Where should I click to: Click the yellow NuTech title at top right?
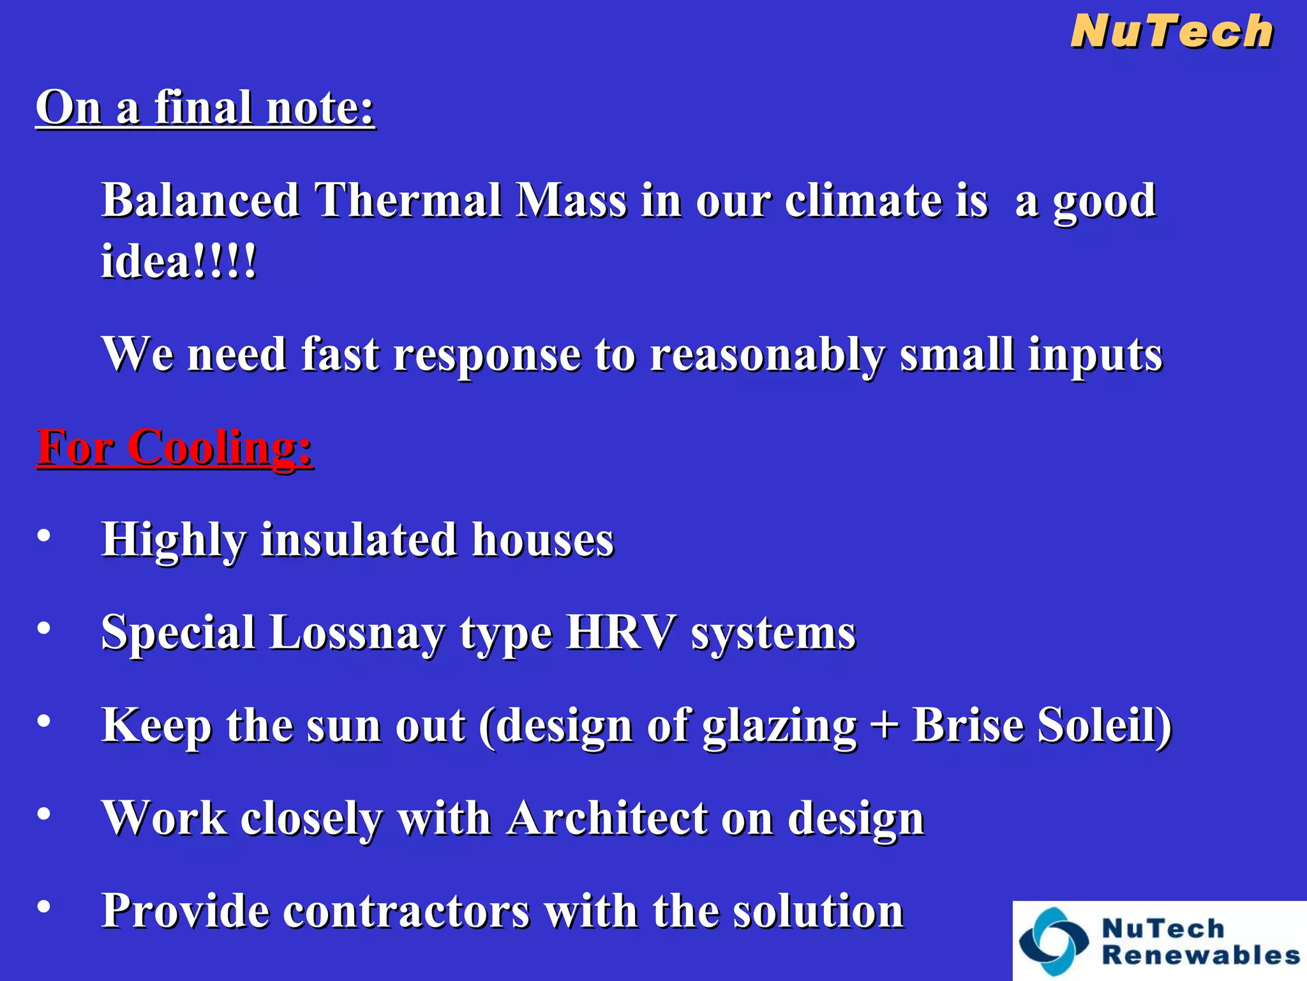click(x=1172, y=32)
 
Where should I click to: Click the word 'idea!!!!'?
click(x=179, y=262)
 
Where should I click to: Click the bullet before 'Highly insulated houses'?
click(x=43, y=535)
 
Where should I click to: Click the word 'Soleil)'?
click(x=1105, y=726)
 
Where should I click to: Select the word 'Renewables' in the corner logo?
click(x=1200, y=956)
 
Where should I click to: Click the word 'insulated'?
click(x=358, y=540)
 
